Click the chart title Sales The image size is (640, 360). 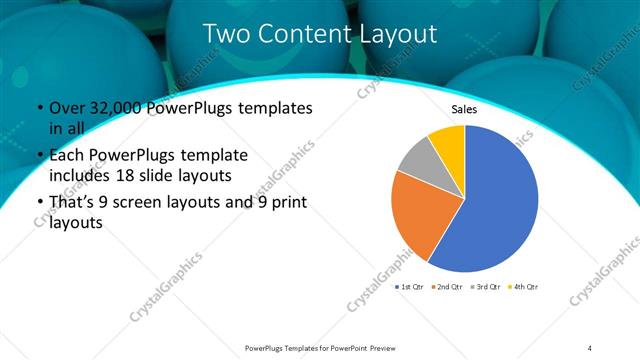coord(464,108)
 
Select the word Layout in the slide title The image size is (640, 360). coord(395,34)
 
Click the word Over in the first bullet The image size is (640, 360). coord(65,107)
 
